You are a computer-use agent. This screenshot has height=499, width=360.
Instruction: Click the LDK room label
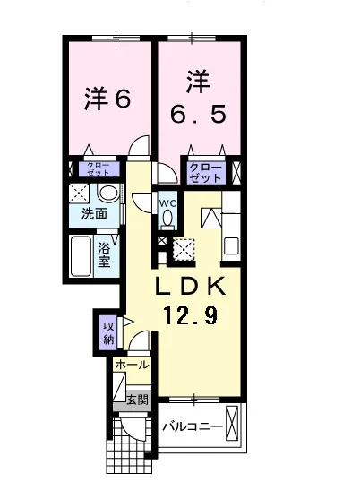[191, 286]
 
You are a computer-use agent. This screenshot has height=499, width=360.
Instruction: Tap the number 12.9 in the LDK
[191, 314]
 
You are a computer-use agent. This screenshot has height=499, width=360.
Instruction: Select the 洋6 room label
[107, 99]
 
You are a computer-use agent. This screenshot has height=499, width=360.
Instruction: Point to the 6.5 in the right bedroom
[198, 114]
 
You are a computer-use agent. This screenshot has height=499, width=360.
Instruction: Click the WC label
[168, 203]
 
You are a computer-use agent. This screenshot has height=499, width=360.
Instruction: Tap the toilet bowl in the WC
[167, 219]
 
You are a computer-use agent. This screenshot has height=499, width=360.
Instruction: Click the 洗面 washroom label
[94, 213]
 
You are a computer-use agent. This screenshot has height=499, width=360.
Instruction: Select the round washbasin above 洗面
[108, 193]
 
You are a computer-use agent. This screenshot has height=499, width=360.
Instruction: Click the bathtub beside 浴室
[81, 256]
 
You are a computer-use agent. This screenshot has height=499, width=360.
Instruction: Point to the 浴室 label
[104, 254]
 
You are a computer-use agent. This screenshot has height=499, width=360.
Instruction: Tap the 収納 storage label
[108, 333]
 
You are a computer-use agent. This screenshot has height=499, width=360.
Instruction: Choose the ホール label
[132, 365]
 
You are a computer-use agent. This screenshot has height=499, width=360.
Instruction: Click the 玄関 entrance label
[138, 400]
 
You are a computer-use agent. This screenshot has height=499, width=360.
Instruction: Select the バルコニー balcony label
[193, 426]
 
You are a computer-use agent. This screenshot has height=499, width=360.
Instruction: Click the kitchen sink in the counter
[231, 246]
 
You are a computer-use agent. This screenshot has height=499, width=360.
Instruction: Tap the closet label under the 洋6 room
[99, 169]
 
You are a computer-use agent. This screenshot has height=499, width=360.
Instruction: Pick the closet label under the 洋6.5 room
[205, 173]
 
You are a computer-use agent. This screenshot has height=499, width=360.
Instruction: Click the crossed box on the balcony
[231, 423]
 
